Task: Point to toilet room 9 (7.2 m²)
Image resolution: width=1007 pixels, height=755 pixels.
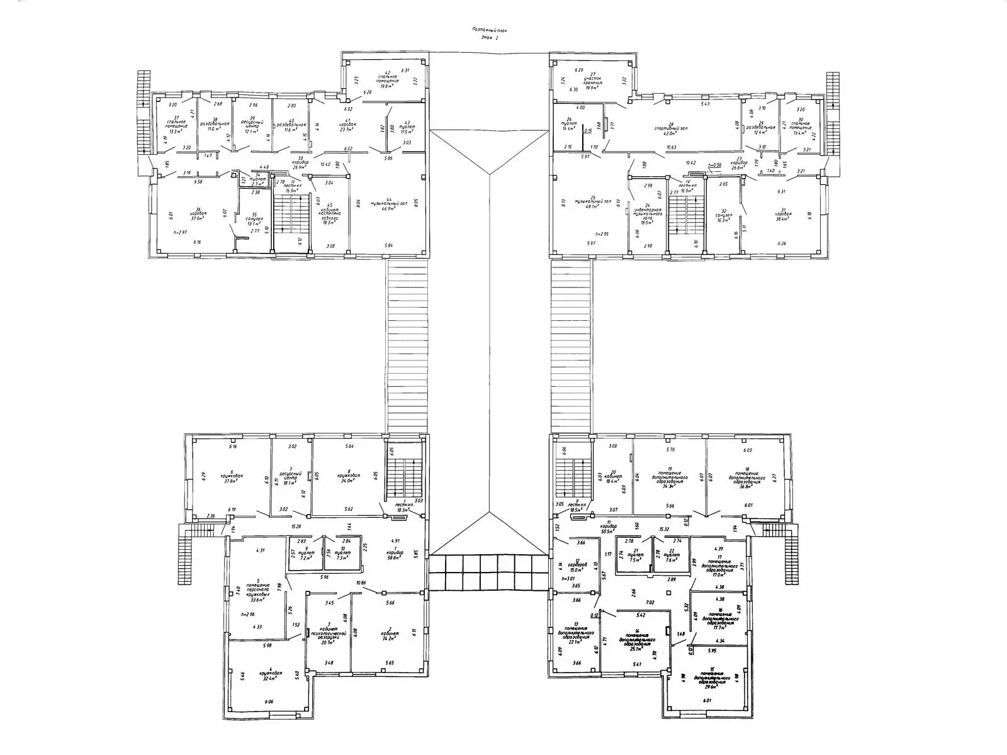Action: click(306, 554)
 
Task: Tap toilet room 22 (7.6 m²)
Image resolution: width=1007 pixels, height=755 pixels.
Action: click(671, 554)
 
